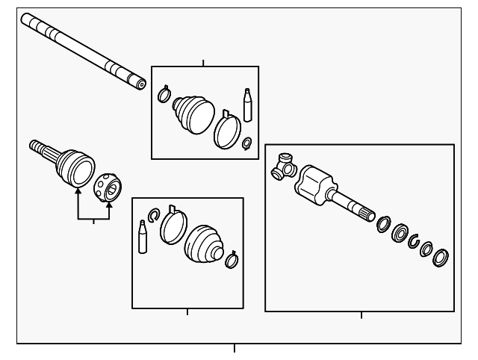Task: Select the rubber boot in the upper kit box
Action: pos(193,113)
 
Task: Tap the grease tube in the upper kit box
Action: pos(247,104)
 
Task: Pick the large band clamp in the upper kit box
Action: pos(226,131)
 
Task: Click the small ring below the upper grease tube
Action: pos(247,142)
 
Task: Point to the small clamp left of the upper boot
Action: pos(164,95)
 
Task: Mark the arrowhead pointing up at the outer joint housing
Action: pos(77,193)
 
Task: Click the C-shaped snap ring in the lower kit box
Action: pos(154,217)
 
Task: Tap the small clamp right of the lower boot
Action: pos(232,258)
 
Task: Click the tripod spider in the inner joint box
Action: pos(284,166)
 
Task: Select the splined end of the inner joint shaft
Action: pos(367,213)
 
